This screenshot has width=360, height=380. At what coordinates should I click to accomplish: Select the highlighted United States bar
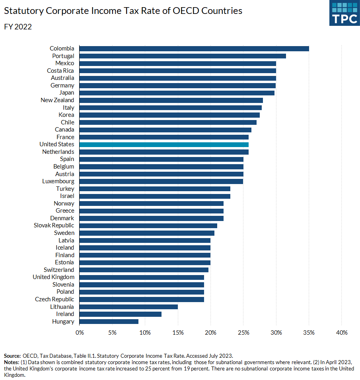pyautogui.click(x=164, y=144)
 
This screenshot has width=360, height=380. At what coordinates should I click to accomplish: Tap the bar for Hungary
pyautogui.click(x=109, y=321)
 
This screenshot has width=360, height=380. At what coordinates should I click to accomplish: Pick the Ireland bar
pyautogui.click(x=121, y=314)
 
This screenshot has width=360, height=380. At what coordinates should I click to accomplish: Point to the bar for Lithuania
pyautogui.click(x=128, y=306)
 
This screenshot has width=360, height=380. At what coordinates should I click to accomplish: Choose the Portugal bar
pyautogui.click(x=183, y=56)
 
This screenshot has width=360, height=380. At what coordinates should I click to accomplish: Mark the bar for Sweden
pyautogui.click(x=147, y=233)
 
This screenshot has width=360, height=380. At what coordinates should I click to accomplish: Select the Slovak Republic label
pyautogui.click(x=54, y=225)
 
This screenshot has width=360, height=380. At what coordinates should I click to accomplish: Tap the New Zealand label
pyautogui.click(x=57, y=100)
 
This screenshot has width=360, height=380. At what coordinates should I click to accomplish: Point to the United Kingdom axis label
pyautogui.click(x=53, y=277)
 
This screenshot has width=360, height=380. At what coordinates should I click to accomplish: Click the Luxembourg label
pyautogui.click(x=58, y=181)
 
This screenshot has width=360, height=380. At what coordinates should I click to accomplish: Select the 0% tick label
pyautogui.click(x=80, y=332)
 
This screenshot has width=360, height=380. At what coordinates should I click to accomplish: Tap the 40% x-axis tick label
pyautogui.click(x=342, y=332)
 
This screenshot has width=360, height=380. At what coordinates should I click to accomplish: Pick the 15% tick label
pyautogui.click(x=178, y=332)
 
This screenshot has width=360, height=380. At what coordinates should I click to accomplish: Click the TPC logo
pyautogui.click(x=344, y=13)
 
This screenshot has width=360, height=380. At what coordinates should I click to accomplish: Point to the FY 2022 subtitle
pyautogui.click(x=18, y=27)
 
